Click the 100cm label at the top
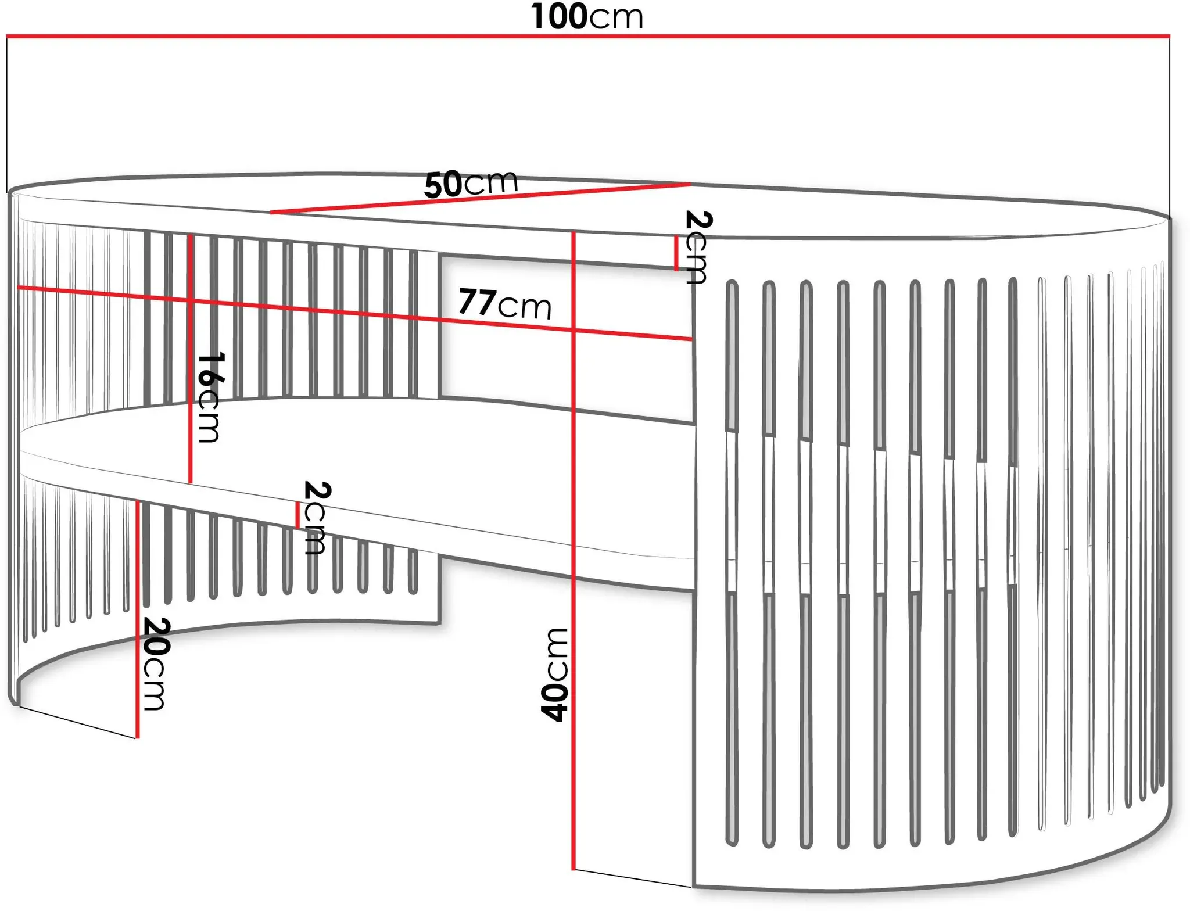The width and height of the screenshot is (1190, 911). [587, 16]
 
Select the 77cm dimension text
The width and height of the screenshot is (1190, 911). [505, 304]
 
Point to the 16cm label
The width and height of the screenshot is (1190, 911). [209, 397]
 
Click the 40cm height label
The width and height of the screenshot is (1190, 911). [554, 675]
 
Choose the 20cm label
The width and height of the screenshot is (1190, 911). [155, 664]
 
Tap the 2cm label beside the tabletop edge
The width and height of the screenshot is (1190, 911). [698, 247]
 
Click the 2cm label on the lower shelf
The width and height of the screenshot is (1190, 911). [317, 518]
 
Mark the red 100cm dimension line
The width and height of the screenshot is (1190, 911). [588, 36]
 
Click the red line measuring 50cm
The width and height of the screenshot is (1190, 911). [481, 198]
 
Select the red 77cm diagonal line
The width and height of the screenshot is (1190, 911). [355, 313]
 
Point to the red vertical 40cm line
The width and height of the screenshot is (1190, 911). [574, 551]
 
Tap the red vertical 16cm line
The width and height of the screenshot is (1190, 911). [190, 358]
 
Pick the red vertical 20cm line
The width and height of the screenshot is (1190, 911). [138, 620]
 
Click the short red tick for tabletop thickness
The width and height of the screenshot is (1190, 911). [676, 253]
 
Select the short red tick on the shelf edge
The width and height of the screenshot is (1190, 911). [297, 515]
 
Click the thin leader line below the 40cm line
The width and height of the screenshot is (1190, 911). [633, 878]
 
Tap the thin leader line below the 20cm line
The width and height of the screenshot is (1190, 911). [78, 722]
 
